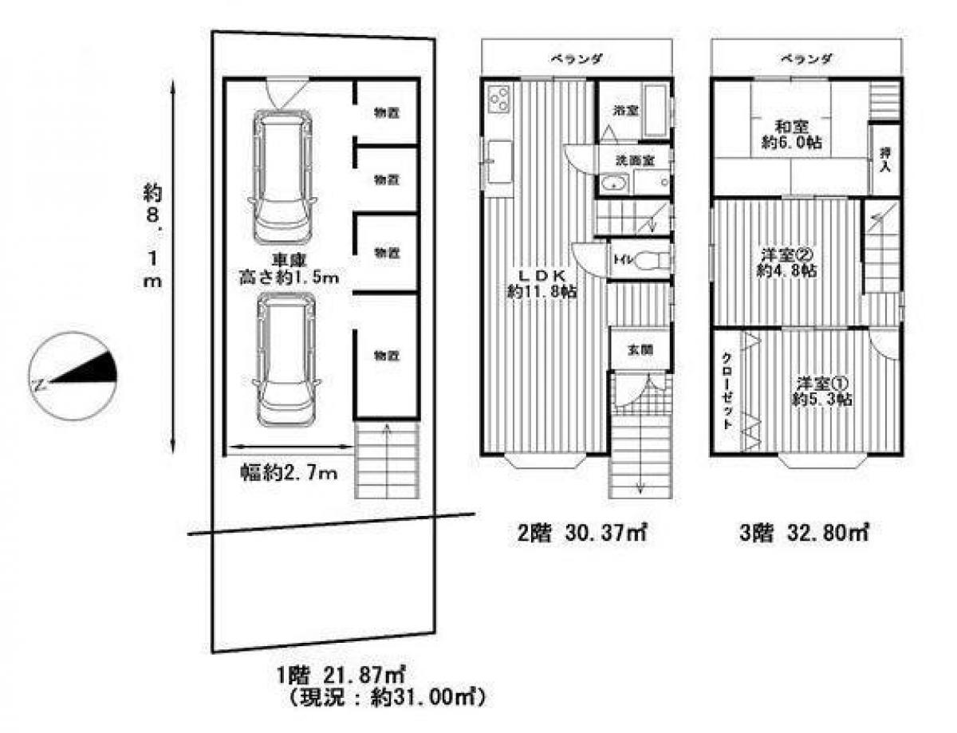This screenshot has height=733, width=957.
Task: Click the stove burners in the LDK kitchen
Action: pyautogui.click(x=500, y=100)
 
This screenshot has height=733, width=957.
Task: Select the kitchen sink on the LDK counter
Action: pyautogui.click(x=500, y=162)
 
